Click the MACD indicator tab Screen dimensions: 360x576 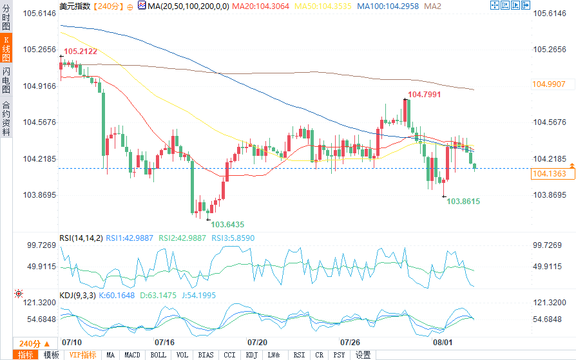tap(132, 355)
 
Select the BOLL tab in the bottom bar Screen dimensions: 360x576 tap(158, 355)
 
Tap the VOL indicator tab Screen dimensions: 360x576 tap(182, 355)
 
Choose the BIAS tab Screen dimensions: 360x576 tap(206, 355)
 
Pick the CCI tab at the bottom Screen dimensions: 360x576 tap(229, 355)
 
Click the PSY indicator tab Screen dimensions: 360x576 tap(339, 355)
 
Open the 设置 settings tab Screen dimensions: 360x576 tap(363, 355)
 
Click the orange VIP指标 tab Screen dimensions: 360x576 tap(83, 355)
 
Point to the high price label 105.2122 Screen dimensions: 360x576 tap(81, 52)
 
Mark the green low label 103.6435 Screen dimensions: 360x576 tap(227, 224)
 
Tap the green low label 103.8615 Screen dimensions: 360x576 tap(463, 201)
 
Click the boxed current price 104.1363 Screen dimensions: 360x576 tap(549, 174)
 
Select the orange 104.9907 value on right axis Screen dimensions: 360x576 tap(549, 84)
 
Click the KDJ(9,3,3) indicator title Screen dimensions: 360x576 tap(77, 295)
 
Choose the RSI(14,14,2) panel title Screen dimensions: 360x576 tap(81, 238)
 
